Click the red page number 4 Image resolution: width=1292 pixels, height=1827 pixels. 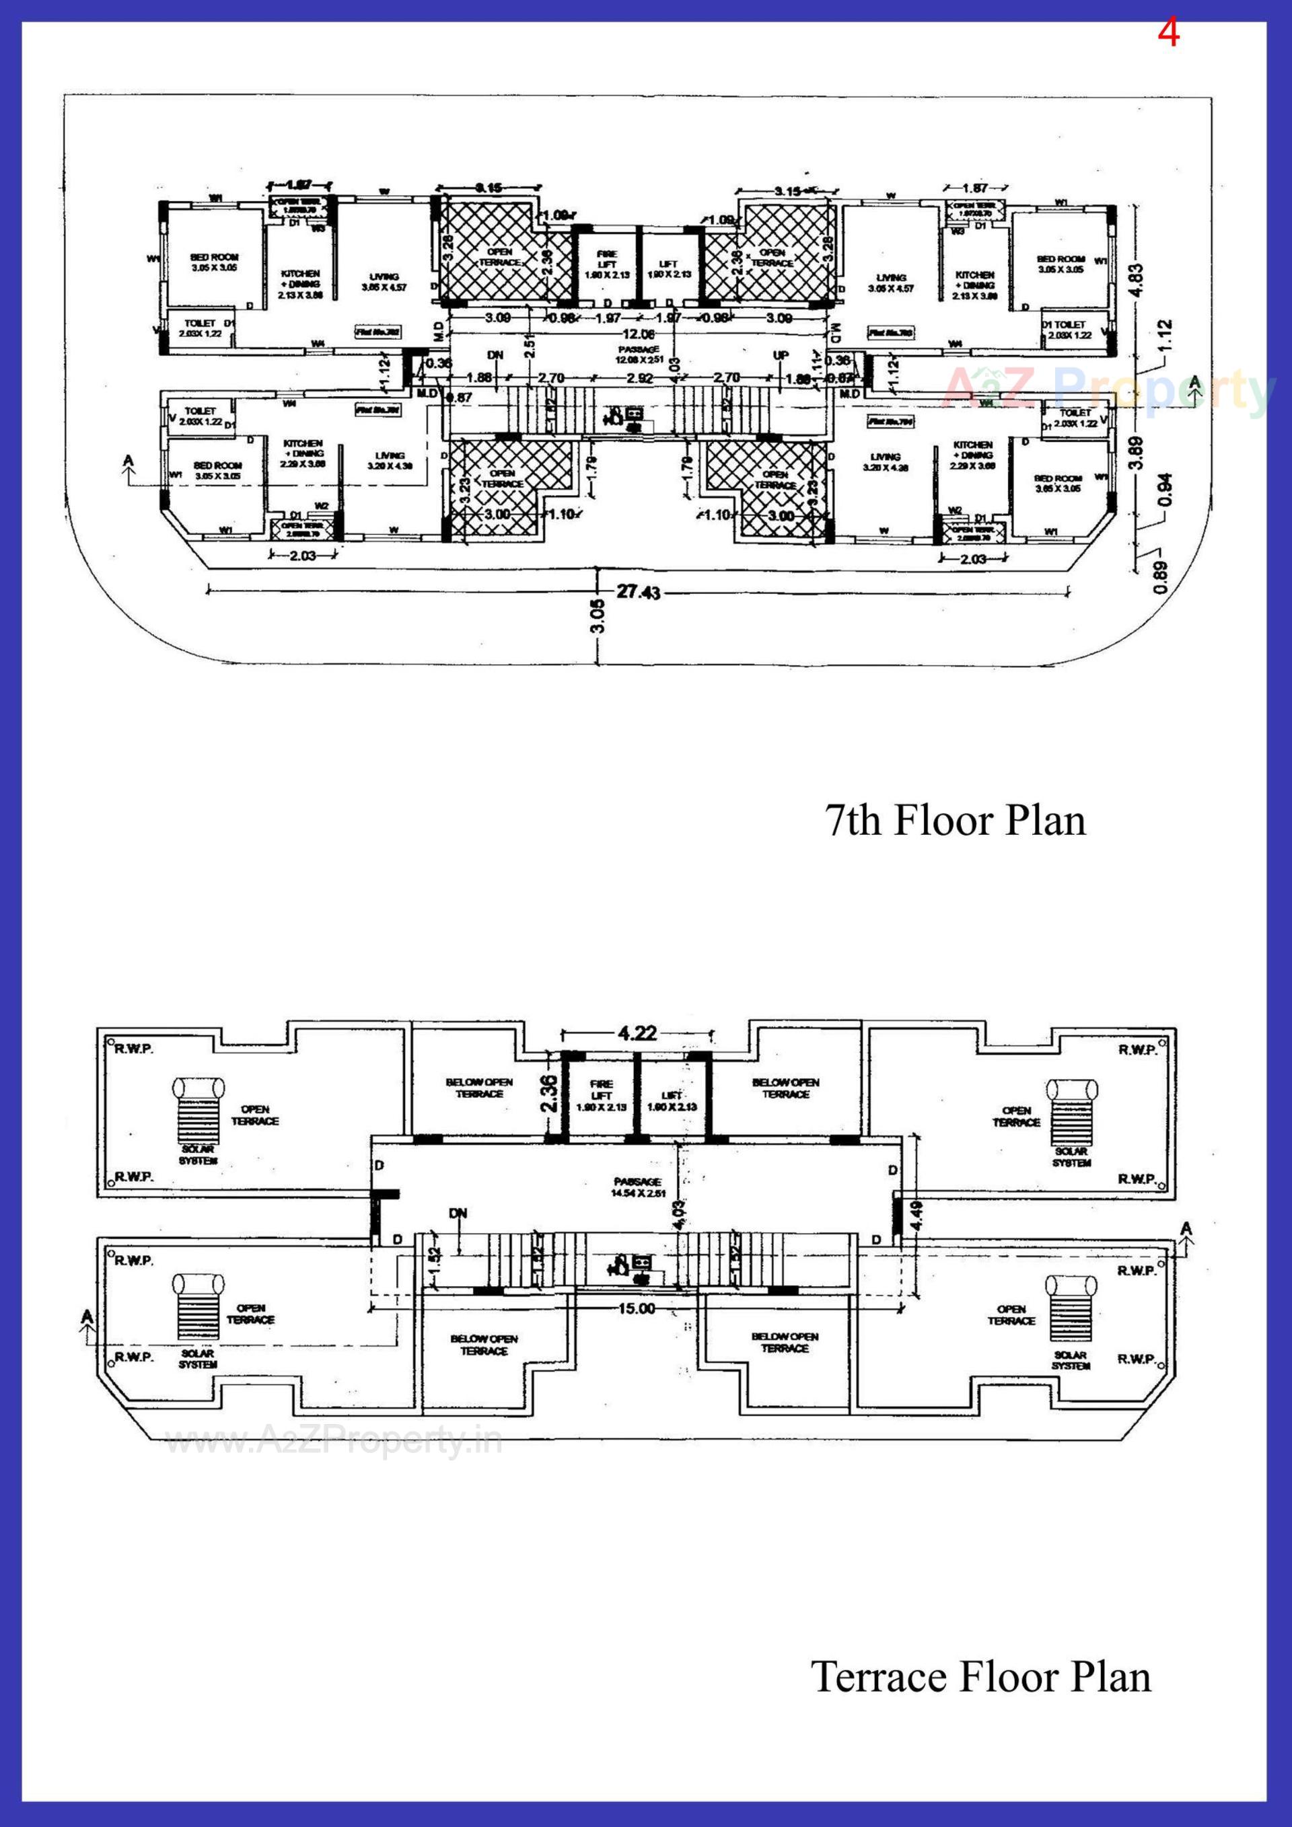point(1167,34)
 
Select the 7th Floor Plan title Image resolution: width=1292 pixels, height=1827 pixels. point(954,821)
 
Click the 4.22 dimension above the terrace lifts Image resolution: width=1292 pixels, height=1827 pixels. point(637,1033)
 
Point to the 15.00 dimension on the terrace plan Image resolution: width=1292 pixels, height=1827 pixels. point(636,1308)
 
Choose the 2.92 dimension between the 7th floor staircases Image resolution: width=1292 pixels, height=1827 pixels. point(640,378)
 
